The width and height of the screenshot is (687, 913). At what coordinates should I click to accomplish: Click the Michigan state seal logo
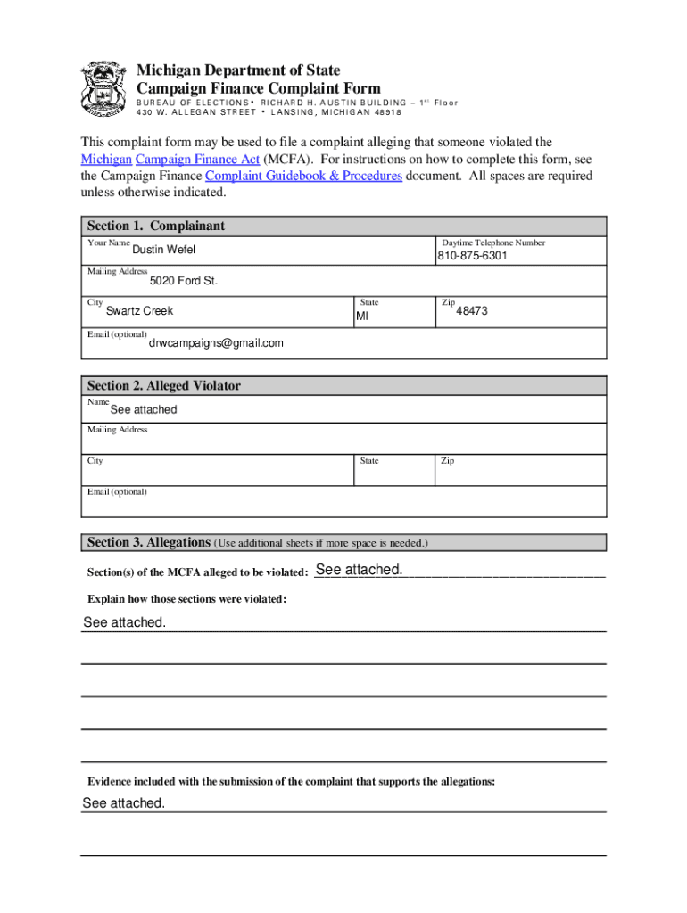coord(102,88)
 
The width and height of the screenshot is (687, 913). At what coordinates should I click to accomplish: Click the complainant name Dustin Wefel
coord(163,250)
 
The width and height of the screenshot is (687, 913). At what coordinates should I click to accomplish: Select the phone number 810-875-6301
coord(472,256)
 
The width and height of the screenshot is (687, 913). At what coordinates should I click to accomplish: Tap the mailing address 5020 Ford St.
coord(183,281)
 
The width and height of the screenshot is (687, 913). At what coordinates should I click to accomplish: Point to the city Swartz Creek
coord(139,311)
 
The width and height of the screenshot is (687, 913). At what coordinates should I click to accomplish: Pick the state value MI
coord(362,317)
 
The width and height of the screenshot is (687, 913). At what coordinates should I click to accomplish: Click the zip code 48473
coord(472,311)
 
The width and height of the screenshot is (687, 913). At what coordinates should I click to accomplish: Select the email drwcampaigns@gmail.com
coord(216,343)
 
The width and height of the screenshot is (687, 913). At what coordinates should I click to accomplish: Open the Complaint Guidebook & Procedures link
coord(303,176)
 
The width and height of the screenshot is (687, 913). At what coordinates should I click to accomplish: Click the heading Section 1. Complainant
coord(155,226)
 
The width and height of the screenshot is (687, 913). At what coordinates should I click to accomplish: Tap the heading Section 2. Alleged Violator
coord(163,386)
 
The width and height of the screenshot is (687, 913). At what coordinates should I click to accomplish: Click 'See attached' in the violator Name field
coord(143,410)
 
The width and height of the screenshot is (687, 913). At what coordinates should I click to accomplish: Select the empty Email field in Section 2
coord(343,506)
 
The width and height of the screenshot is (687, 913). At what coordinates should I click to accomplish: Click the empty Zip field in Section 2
coord(520,473)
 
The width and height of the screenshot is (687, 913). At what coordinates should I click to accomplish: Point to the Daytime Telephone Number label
coord(493,243)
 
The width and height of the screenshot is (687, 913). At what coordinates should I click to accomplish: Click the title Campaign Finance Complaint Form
coord(258,88)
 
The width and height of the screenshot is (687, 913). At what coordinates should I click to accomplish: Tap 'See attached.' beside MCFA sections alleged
coord(359,570)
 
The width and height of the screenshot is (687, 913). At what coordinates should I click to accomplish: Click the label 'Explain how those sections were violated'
coord(186,599)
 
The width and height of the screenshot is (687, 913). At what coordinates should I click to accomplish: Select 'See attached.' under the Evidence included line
coord(123,803)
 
